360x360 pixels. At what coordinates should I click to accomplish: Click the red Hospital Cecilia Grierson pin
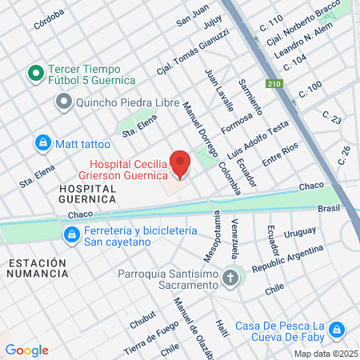click(x=181, y=163)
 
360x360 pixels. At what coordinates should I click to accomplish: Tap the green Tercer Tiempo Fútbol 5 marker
click(x=35, y=74)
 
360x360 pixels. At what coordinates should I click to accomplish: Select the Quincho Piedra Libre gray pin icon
click(x=64, y=102)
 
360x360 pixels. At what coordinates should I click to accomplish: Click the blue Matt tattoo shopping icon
click(x=42, y=143)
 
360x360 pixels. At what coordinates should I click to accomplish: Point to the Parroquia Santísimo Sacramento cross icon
click(x=230, y=279)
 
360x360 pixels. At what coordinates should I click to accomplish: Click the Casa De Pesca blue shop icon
click(x=337, y=330)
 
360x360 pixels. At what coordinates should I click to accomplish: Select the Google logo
click(x=26, y=350)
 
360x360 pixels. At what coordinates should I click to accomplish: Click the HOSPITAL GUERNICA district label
click(x=88, y=194)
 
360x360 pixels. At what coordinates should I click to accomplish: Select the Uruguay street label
click(x=300, y=232)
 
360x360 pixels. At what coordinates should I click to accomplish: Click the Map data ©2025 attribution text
click(x=325, y=354)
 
